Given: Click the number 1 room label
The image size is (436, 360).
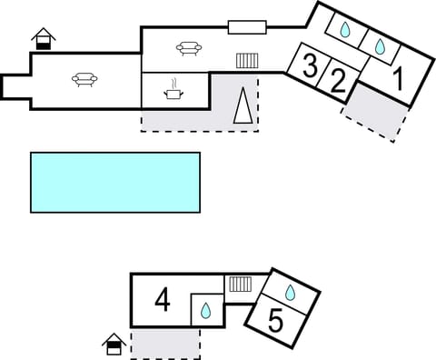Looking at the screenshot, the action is pyautogui.click(x=396, y=78).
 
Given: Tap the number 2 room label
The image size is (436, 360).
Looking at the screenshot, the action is pyautogui.click(x=338, y=82).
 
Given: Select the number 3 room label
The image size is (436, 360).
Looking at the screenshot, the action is pyautogui.click(x=311, y=66).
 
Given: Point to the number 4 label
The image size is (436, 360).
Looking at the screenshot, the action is pyautogui.click(x=163, y=299).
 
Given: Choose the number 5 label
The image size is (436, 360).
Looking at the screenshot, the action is pyautogui.click(x=277, y=320).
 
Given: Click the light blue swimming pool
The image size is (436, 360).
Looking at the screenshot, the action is pyautogui.click(x=115, y=182).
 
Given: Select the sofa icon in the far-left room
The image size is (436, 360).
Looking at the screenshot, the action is pyautogui.click(x=85, y=80).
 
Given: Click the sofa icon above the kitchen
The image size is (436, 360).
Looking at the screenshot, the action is pyautogui.click(x=188, y=48).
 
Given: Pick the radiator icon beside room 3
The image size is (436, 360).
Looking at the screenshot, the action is pyautogui.click(x=247, y=61).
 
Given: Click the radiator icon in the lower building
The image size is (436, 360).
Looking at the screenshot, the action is pyautogui.click(x=240, y=284).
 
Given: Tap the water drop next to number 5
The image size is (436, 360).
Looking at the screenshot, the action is pyautogui.click(x=291, y=292).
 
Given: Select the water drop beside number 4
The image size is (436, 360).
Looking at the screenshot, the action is pyautogui.click(x=206, y=311).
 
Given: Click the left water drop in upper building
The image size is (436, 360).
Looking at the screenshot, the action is pyautogui.click(x=345, y=30).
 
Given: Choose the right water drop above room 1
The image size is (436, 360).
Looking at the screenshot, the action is pyautogui.click(x=379, y=45).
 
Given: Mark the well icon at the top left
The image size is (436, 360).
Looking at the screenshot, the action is pyautogui.click(x=43, y=40).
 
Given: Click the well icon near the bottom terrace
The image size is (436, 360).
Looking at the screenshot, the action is pyautogui.click(x=114, y=344).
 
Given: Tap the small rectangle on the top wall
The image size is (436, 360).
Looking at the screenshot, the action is pyautogui.click(x=247, y=25).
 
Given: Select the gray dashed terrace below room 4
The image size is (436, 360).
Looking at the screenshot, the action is pyautogui.click(x=165, y=343).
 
